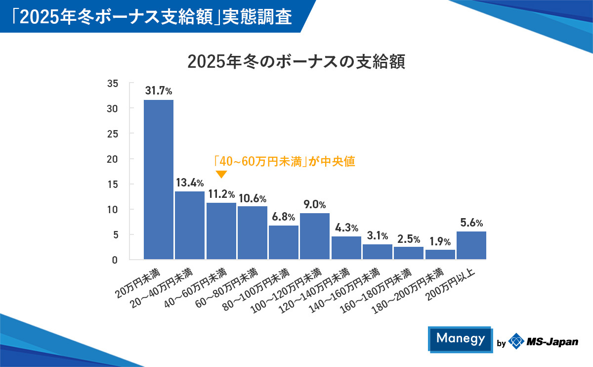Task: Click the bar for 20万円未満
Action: click(159, 179)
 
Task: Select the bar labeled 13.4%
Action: click(190, 225)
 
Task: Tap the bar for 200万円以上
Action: click(471, 245)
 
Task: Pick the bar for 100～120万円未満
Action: click(315, 236)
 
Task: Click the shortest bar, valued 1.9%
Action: click(440, 254)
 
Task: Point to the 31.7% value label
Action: click(159, 91)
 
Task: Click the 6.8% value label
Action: click(284, 217)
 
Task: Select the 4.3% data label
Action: click(346, 228)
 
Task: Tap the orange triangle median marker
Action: click(221, 174)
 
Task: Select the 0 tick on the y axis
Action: click(115, 260)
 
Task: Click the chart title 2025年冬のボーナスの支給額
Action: click(296, 62)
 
